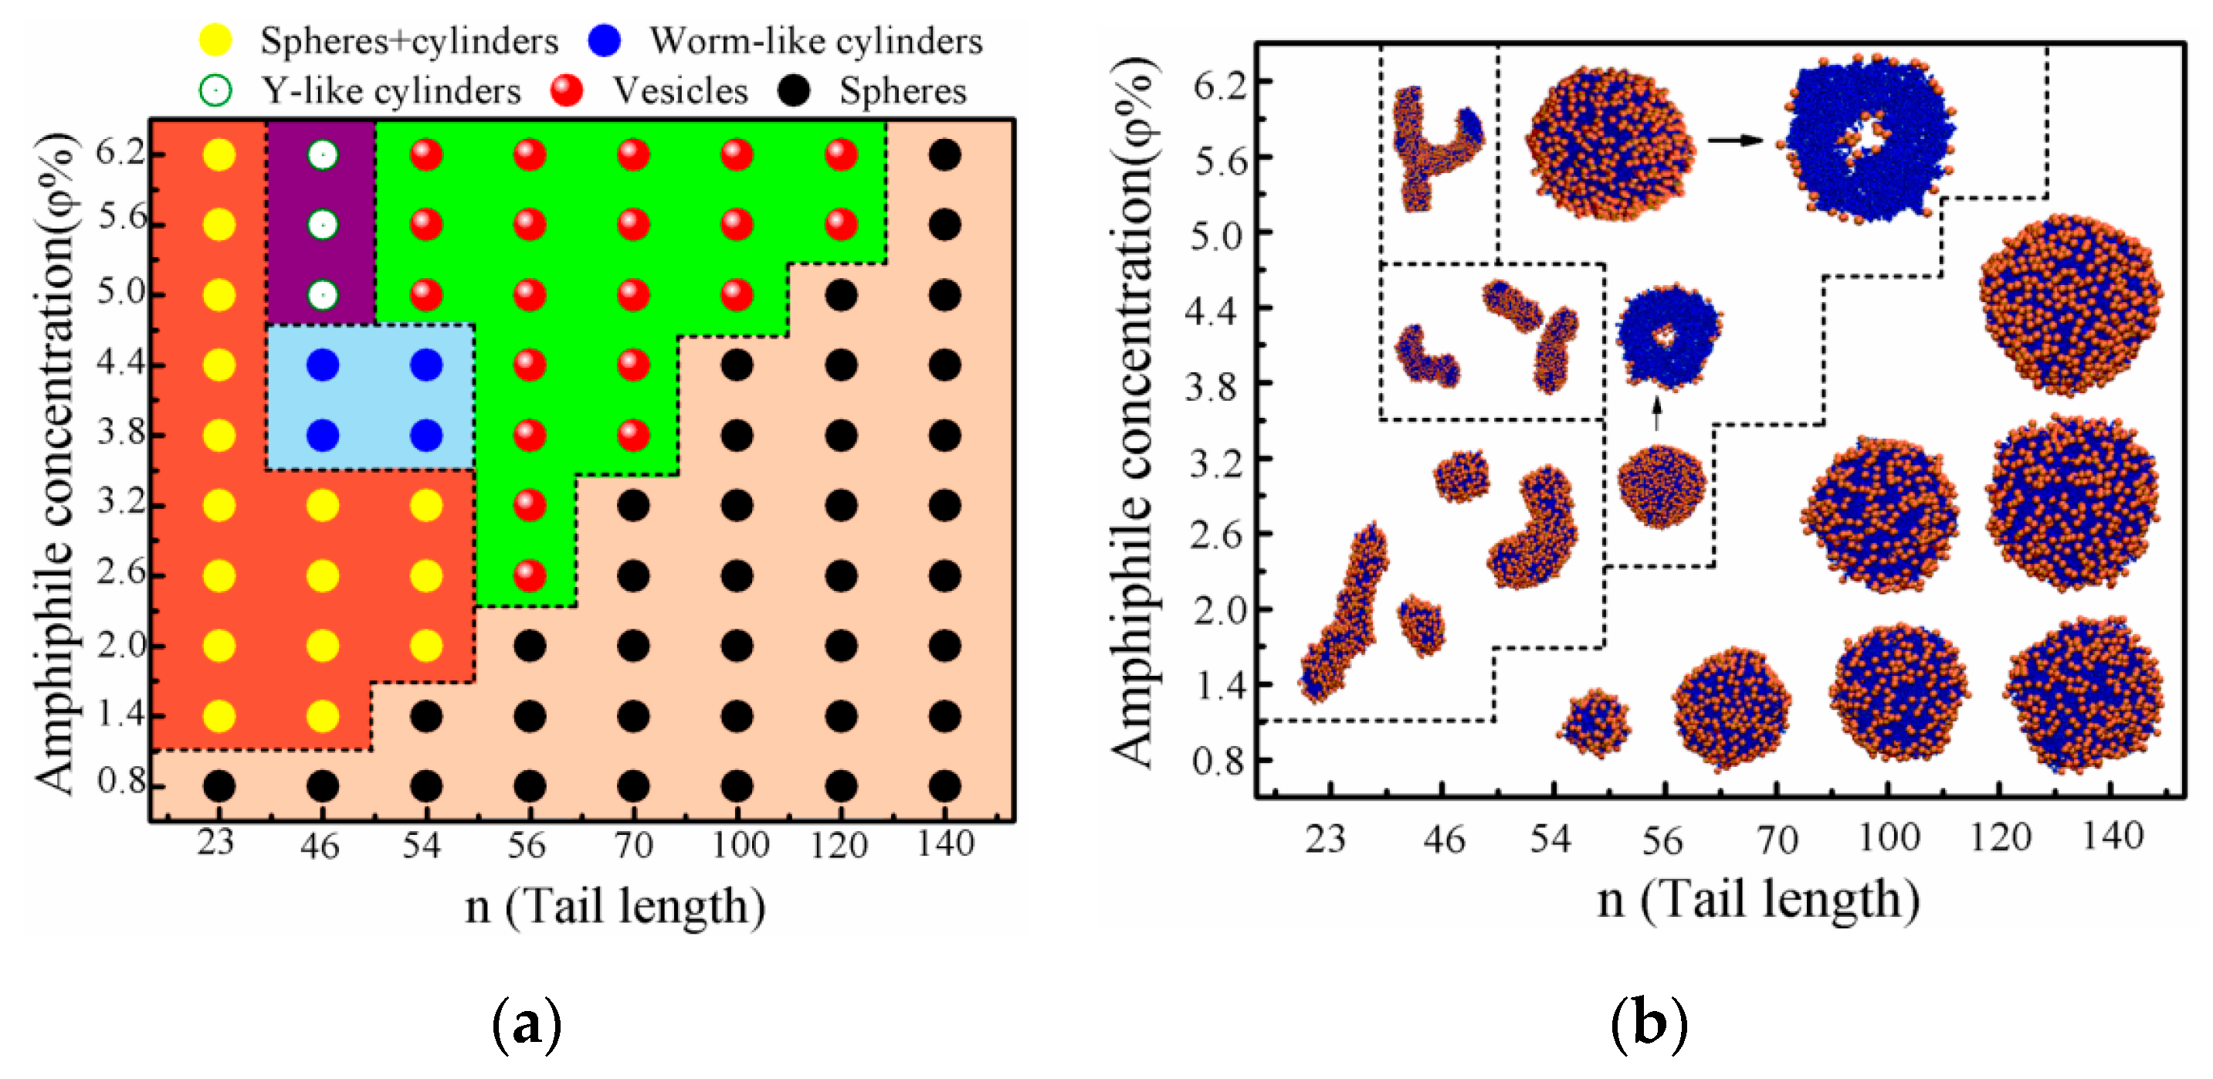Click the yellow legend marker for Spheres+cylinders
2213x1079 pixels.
point(215,39)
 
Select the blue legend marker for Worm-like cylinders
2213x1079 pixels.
point(605,39)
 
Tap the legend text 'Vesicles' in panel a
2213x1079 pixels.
point(679,90)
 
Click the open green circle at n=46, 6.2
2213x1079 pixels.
point(322,155)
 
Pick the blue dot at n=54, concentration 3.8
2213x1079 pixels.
point(426,436)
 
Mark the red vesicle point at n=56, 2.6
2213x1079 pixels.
point(530,575)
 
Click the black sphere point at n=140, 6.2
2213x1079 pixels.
point(944,155)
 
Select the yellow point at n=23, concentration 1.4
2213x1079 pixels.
point(219,716)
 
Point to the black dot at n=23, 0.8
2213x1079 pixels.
point(219,785)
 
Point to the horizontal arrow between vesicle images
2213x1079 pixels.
point(1733,141)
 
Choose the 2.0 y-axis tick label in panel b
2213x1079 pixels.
point(1219,610)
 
